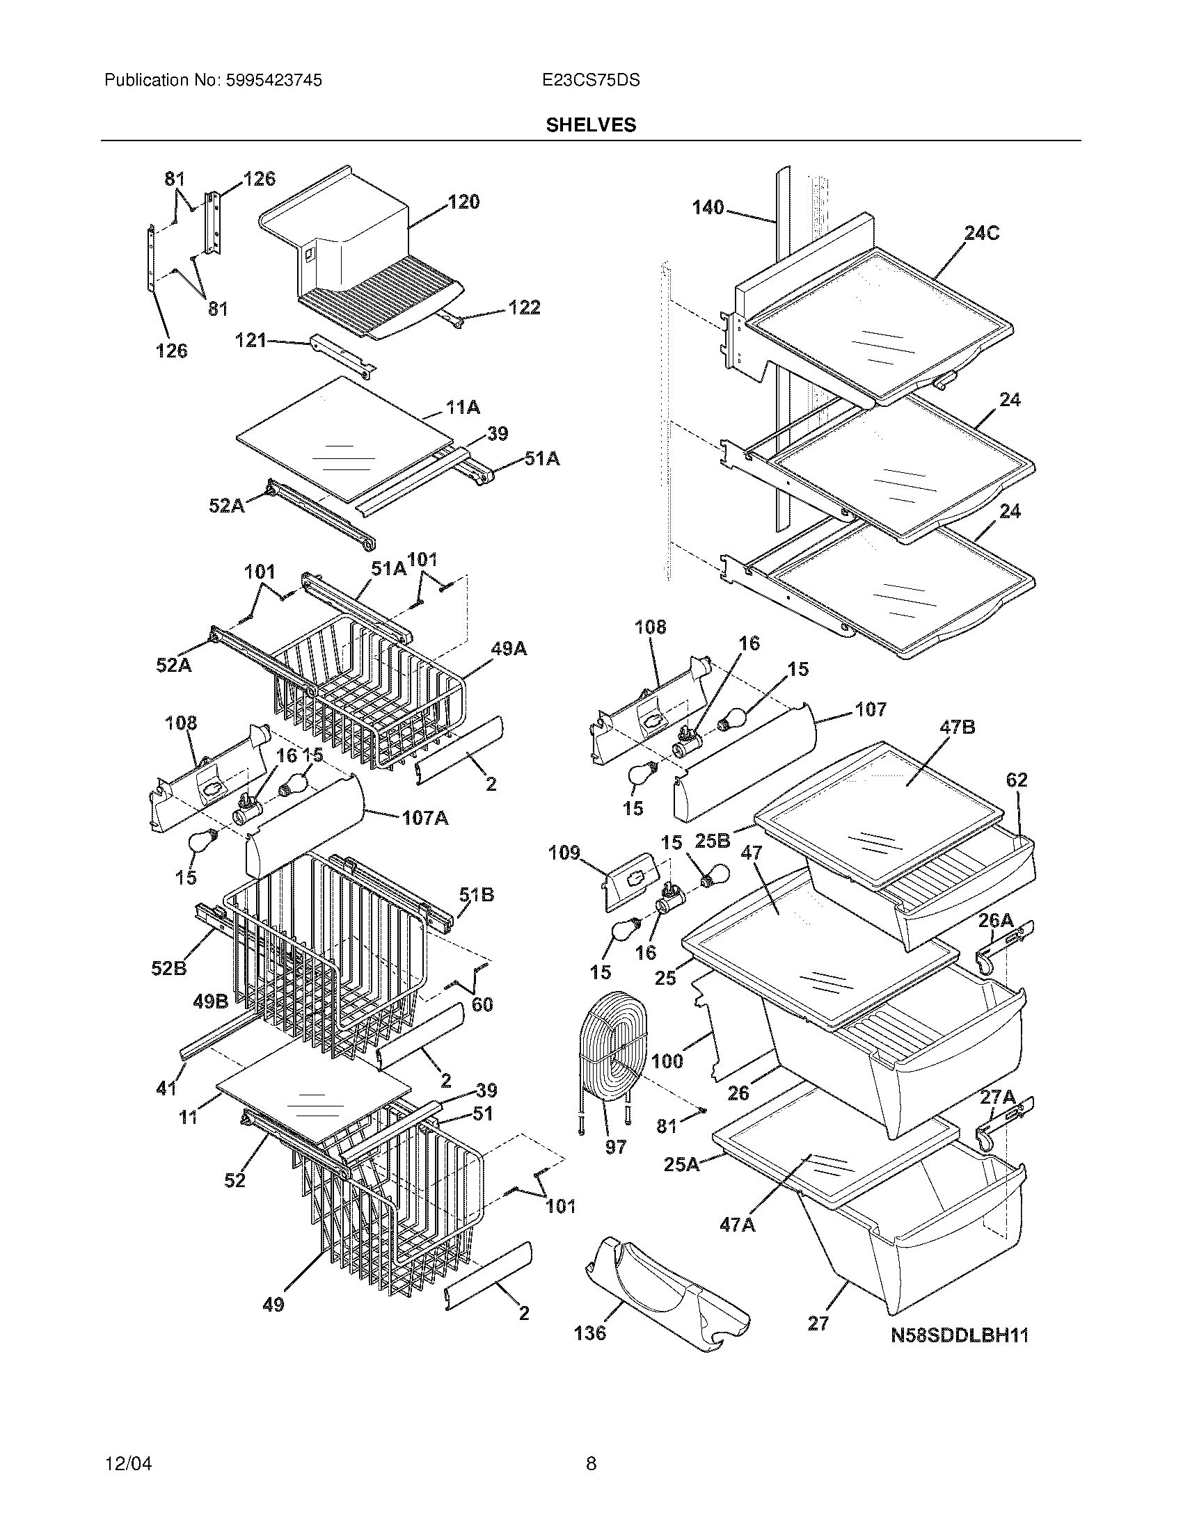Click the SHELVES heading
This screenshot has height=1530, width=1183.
[x=591, y=124]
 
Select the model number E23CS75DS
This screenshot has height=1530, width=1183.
[x=591, y=81]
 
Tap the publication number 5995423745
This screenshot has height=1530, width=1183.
[x=274, y=81]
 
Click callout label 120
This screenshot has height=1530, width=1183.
[x=464, y=202]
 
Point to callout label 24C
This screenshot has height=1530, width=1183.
[x=981, y=233]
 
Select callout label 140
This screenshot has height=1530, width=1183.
[x=708, y=207]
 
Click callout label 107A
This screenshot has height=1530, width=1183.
[x=425, y=818]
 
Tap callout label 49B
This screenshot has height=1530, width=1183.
[x=210, y=1001]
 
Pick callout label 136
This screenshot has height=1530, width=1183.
[x=589, y=1332]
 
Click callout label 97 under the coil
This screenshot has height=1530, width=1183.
[x=615, y=1147]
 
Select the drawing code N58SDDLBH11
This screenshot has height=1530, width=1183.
[x=960, y=1335]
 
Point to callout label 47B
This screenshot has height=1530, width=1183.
[x=957, y=727]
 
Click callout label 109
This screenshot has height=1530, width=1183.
[x=564, y=853]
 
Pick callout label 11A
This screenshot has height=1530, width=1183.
[x=463, y=407]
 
